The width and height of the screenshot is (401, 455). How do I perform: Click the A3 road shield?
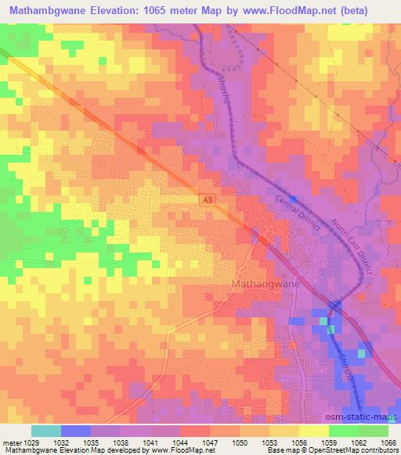click(x=206, y=200)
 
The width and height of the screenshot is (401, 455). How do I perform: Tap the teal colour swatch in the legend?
click(x=46, y=431)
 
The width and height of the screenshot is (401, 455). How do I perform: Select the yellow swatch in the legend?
click(x=314, y=431)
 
